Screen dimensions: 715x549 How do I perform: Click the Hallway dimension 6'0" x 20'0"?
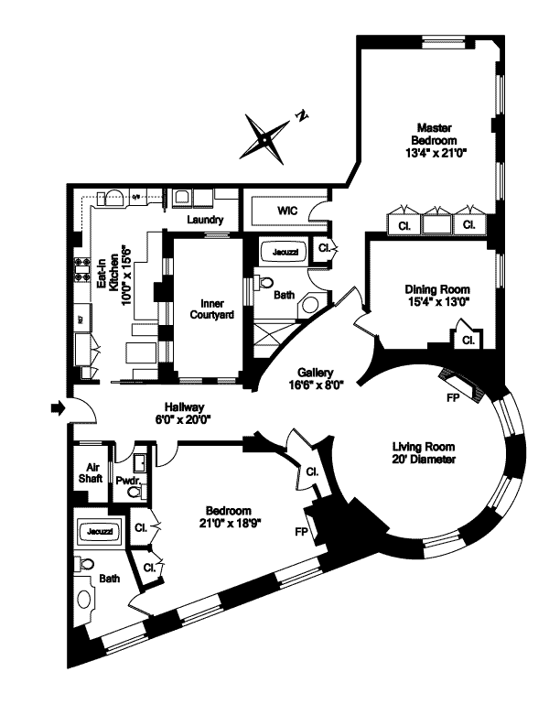[183, 419]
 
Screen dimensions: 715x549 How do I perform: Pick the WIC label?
[287, 211]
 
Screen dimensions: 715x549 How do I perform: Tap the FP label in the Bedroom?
[301, 531]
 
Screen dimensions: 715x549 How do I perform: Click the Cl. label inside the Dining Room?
[468, 340]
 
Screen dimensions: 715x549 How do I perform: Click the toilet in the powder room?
[134, 492]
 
